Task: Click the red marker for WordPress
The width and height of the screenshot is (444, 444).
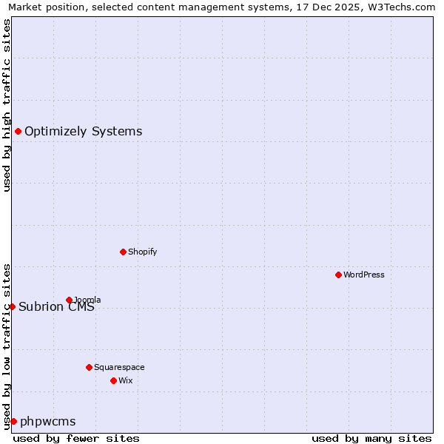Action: pos(338,275)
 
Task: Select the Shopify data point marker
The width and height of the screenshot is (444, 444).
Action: pos(123,252)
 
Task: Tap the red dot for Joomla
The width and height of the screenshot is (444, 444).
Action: pos(69,300)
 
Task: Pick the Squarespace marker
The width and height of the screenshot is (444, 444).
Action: pos(89,367)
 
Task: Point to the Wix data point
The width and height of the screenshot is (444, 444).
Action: pos(113,380)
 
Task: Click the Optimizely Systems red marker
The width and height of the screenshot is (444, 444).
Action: pos(18,131)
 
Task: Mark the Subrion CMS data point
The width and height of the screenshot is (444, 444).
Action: pos(12,306)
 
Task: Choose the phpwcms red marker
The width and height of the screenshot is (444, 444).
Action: pos(13,421)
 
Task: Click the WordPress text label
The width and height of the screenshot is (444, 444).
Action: pos(364,275)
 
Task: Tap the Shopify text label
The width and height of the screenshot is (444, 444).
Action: pos(143,252)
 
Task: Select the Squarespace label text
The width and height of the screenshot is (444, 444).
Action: pos(119,367)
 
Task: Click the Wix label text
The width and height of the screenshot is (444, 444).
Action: pos(125,380)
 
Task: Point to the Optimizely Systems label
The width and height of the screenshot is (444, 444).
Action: pos(83,132)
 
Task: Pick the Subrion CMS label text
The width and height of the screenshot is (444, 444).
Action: pos(57,307)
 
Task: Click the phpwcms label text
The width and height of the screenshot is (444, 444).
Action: pos(48,422)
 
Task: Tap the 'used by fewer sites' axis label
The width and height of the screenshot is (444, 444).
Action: pos(76,438)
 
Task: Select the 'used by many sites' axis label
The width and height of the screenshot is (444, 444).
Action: pos(371,438)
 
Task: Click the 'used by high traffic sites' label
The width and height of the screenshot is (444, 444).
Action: pos(7,105)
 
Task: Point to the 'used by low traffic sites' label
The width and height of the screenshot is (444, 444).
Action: pos(7,346)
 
